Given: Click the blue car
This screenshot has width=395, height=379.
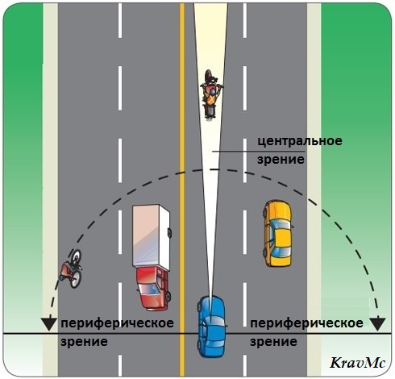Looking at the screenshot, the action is (x=211, y=327).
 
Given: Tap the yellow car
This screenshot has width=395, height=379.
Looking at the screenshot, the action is (x=278, y=233).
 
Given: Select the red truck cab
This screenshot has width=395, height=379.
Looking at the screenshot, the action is (x=153, y=288).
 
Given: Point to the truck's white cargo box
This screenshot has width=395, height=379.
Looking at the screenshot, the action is (x=151, y=237).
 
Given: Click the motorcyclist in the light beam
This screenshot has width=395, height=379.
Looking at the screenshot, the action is (x=211, y=94).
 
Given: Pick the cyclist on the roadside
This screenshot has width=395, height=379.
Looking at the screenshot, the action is (x=71, y=269).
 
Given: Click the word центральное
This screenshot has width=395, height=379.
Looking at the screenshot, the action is (x=300, y=140).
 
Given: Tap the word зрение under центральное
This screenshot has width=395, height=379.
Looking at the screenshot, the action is (x=281, y=160).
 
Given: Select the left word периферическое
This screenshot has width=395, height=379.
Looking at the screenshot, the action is (x=117, y=323).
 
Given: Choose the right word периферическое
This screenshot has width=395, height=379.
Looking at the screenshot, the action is (x=306, y=323).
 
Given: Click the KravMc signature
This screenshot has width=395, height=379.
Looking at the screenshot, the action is (x=357, y=363).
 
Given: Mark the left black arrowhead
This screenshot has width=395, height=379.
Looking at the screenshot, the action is (x=49, y=324).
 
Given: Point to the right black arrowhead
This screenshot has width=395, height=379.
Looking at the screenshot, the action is (x=378, y=324).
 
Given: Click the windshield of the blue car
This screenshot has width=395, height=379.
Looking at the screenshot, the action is (x=212, y=320).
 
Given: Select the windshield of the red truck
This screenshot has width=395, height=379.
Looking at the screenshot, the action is (x=149, y=289).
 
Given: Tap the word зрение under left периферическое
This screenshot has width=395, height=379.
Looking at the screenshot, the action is (x=84, y=342).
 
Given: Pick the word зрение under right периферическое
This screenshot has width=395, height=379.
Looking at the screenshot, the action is (x=273, y=342).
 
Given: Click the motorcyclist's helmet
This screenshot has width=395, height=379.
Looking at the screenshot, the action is (x=212, y=92).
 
